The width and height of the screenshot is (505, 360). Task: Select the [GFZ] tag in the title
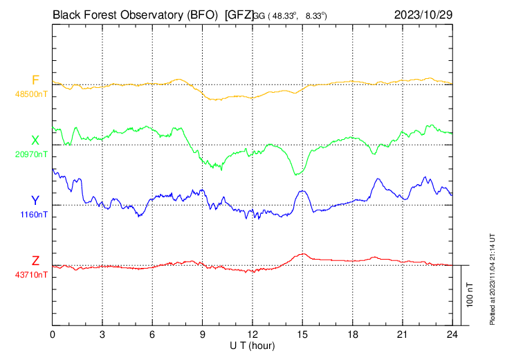tap(239, 14)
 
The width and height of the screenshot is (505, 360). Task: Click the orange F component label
tap(35, 80)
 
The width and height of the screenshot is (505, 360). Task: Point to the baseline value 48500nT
tap(32, 92)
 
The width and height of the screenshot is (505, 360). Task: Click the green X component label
tap(35, 141)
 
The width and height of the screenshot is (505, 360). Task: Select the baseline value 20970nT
tap(32, 154)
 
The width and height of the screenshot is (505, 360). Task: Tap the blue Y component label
tap(35, 201)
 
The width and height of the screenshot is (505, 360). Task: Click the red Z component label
tap(35, 261)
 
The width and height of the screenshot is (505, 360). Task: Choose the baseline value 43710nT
tap(32, 274)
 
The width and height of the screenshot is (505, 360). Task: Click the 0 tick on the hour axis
tap(53, 334)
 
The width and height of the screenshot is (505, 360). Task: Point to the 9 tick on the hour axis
tap(203, 334)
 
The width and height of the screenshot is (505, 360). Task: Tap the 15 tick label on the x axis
tap(302, 334)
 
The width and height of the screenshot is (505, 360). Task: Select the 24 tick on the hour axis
tap(452, 334)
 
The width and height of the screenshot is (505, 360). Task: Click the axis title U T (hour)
tap(252, 345)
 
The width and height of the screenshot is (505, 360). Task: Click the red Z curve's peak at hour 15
tap(302, 254)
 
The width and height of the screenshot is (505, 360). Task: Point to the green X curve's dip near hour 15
tap(297, 174)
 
